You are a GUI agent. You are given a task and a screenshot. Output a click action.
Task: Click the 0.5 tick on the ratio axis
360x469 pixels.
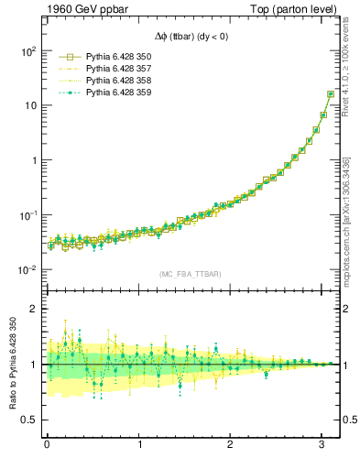click(x=31, y=420)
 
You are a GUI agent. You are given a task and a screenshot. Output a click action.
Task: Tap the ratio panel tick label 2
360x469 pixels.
click(x=36, y=309)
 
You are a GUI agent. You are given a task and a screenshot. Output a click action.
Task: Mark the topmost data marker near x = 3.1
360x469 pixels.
click(x=331, y=94)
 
